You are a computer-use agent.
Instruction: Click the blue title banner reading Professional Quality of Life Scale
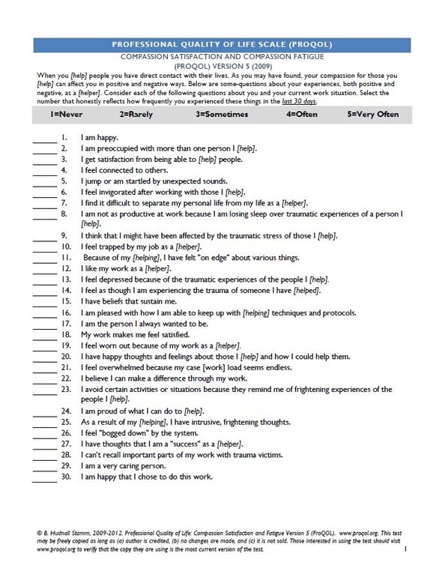(222, 44)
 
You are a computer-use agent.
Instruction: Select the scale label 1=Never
(67, 115)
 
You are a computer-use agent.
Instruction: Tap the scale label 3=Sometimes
(220, 115)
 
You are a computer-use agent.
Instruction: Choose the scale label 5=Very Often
(373, 115)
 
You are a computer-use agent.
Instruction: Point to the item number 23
(65, 390)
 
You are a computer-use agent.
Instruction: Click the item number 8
(65, 214)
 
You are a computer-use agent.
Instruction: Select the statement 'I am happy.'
(100, 137)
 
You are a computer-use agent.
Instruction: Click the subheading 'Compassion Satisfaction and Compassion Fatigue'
(222, 57)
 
